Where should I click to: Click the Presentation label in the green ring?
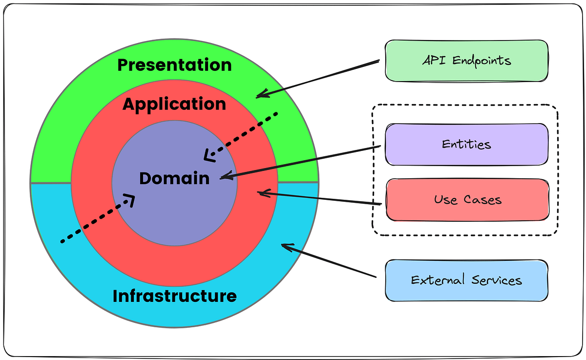click(x=174, y=65)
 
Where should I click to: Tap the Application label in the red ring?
click(x=174, y=104)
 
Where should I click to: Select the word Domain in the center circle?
click(x=174, y=178)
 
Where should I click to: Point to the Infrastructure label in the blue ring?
click(x=174, y=296)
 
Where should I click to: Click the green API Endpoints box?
click(x=466, y=61)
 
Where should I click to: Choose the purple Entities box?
click(x=466, y=145)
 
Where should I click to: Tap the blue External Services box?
click(x=466, y=280)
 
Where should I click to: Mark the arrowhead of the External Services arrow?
click(x=285, y=246)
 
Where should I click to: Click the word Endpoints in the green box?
click(x=481, y=61)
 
